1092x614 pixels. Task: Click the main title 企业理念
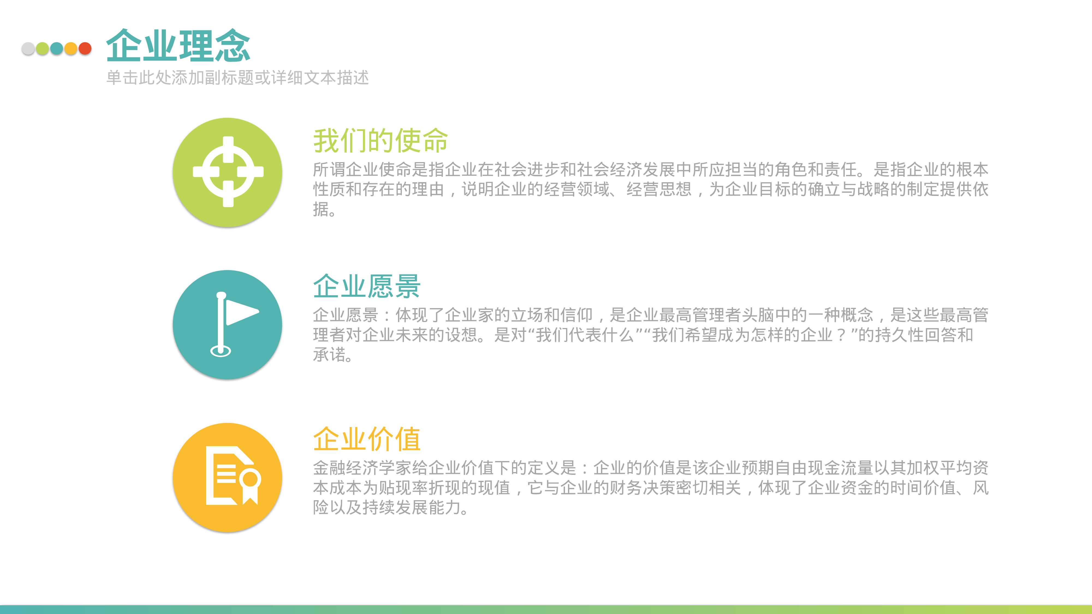pos(178,46)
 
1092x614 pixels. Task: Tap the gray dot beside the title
pos(28,49)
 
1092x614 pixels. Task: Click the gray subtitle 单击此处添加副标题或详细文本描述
pos(237,78)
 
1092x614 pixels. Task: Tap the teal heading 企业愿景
pos(367,286)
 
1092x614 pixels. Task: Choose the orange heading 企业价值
pos(367,439)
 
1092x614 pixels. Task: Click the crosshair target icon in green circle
pos(228,172)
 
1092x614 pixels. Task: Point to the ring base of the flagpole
pos(221,351)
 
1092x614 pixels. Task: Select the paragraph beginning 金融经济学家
pos(651,487)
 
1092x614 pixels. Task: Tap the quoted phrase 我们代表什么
pos(585,335)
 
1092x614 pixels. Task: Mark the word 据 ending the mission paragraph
pos(321,209)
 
